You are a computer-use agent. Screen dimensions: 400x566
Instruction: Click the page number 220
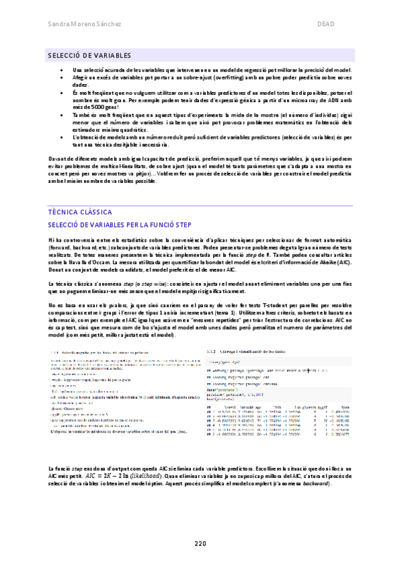[200, 544]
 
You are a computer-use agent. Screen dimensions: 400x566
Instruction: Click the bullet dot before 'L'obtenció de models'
[61, 135]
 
